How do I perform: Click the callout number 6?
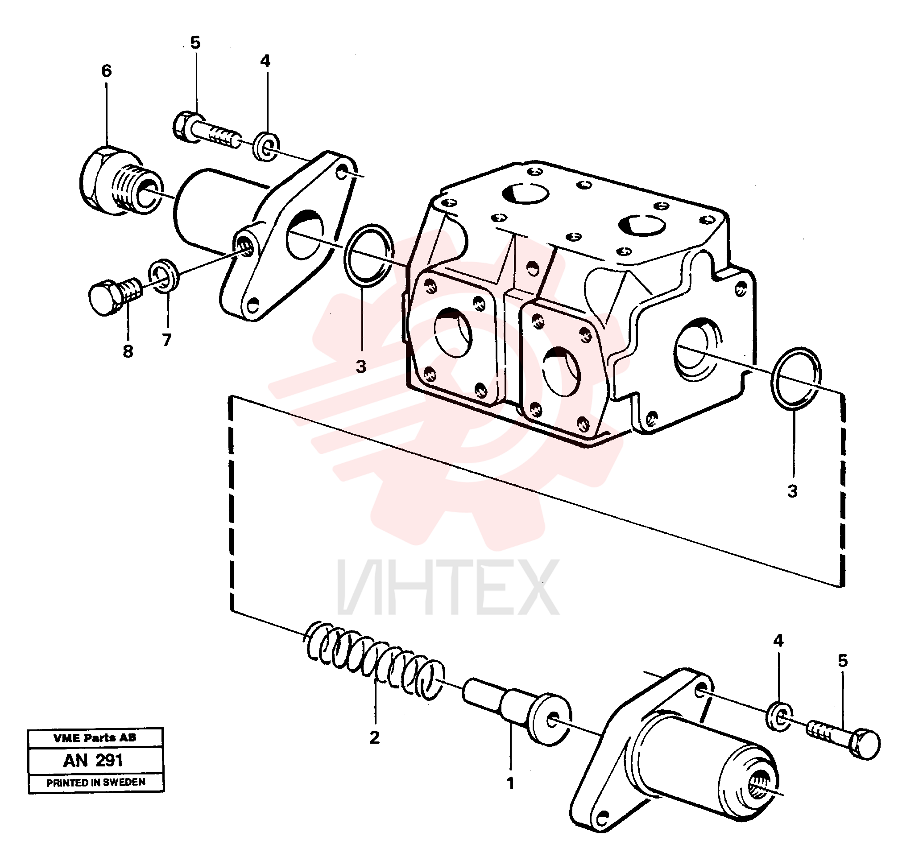coord(106,71)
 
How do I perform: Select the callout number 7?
coord(167,340)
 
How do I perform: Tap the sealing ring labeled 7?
coord(164,276)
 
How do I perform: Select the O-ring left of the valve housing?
coord(368,255)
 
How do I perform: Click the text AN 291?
coord(93,761)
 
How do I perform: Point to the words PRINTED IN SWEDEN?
coord(96,782)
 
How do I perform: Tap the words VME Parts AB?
coord(95,738)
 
